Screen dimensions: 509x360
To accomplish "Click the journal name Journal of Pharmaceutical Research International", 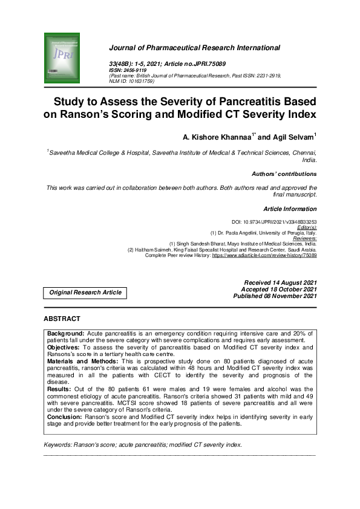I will pos(194,47).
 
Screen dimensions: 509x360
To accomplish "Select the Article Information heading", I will pos(290,209).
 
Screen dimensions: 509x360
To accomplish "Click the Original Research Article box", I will pos(85,293).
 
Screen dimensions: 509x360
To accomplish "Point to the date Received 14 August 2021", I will pos(280,283).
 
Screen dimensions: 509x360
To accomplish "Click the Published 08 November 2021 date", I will pos(275,296).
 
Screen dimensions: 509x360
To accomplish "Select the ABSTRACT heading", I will pos(62,319).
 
